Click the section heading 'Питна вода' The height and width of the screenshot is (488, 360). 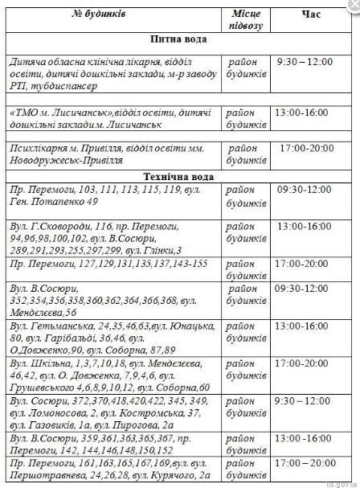pos(178,39)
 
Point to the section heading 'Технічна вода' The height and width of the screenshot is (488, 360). pos(178,176)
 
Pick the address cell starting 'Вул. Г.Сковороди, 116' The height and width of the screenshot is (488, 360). pos(113,233)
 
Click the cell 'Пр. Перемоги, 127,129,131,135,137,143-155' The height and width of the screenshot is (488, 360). pos(113,264)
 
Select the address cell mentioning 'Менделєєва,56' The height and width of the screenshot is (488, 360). pos(113,297)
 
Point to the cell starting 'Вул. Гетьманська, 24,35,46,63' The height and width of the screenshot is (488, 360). pos(113,337)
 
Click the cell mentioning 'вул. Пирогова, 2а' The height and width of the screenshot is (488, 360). pos(113,415)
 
